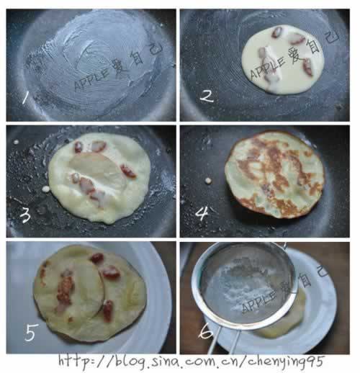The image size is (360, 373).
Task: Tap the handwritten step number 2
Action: point(207,96)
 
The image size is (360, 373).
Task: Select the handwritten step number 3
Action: point(25,215)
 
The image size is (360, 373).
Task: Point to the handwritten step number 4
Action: point(202,213)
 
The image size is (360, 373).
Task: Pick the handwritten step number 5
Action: point(31,333)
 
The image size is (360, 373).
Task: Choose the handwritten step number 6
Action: point(206,331)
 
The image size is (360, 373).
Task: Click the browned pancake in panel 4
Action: point(275,175)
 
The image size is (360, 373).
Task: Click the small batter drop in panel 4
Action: point(208,181)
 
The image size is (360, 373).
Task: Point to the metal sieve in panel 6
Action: point(245,286)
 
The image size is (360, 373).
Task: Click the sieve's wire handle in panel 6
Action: point(225,341)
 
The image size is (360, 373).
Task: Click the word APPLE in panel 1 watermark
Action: point(92,79)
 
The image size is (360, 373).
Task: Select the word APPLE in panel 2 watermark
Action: point(268,68)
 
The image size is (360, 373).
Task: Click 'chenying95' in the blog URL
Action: point(286,362)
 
